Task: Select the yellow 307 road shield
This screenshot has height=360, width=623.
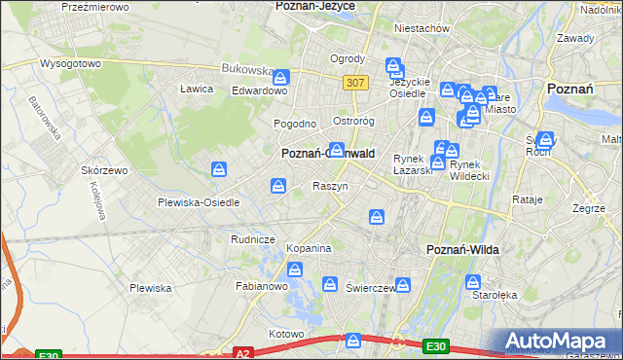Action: (355, 83)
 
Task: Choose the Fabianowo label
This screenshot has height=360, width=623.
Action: (262, 287)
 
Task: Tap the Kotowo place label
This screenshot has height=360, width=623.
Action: (286, 334)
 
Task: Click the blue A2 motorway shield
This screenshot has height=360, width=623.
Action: (243, 354)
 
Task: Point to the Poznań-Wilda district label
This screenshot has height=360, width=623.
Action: (463, 250)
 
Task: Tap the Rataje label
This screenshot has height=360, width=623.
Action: (527, 199)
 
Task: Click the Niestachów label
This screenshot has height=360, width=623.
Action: (421, 28)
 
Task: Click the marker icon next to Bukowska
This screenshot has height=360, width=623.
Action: (281, 77)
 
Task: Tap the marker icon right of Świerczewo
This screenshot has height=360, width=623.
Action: (403, 285)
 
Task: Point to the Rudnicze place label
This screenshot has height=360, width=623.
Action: (253, 238)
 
